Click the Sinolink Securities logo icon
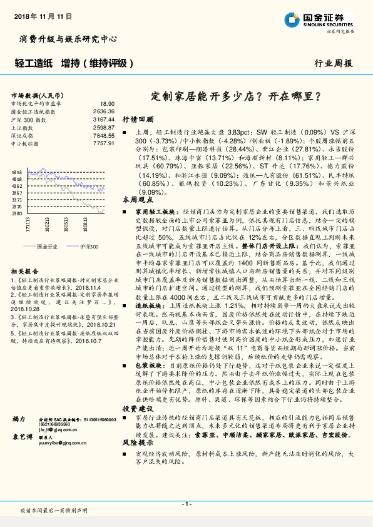pyautogui.click(x=292, y=18)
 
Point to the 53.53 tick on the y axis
pyautogui.click(x=17, y=171)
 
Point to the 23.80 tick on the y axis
pyautogui.click(x=17, y=213)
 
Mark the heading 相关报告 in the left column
pyautogui.click(x=24, y=271)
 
